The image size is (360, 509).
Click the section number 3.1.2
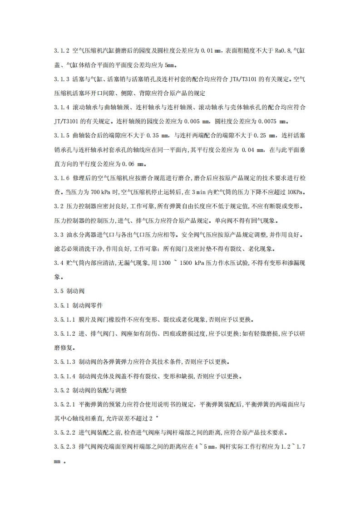tap(62, 51)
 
